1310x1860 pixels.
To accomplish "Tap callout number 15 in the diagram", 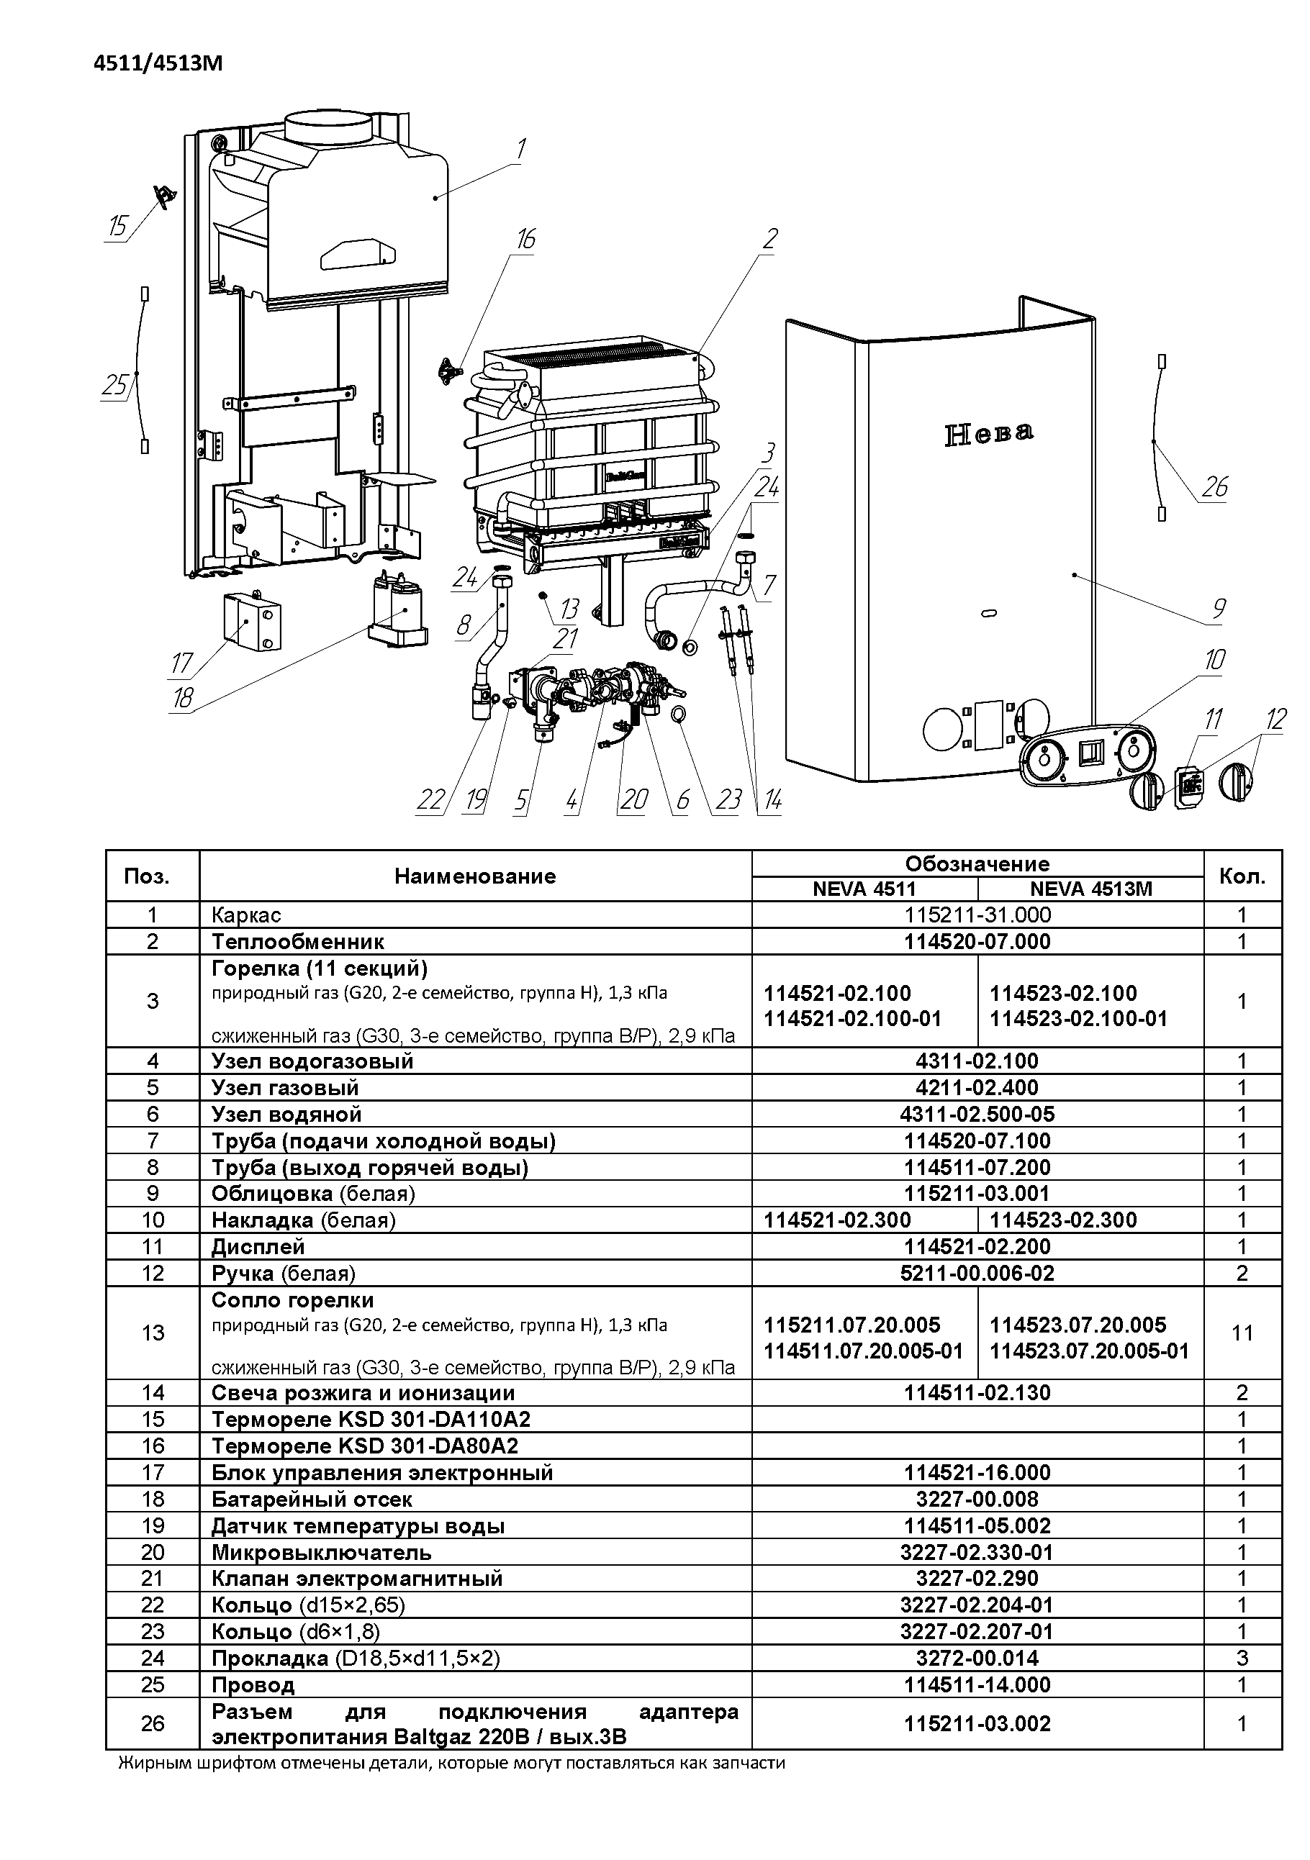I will click(118, 226).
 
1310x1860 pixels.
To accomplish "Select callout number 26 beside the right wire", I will click(1214, 487).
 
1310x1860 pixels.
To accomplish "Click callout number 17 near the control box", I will click(181, 663).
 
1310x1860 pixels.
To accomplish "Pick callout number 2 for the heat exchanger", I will click(769, 238).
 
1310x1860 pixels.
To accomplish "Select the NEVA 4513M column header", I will click(1090, 889).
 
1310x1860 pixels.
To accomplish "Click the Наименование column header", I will click(475, 876).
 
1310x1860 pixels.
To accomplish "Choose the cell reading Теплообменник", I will click(297, 941).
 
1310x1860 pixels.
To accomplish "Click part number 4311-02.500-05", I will click(976, 1114).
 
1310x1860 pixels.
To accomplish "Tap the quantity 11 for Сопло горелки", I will click(1242, 1333).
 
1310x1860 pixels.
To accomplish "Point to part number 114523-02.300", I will click(1063, 1220).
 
